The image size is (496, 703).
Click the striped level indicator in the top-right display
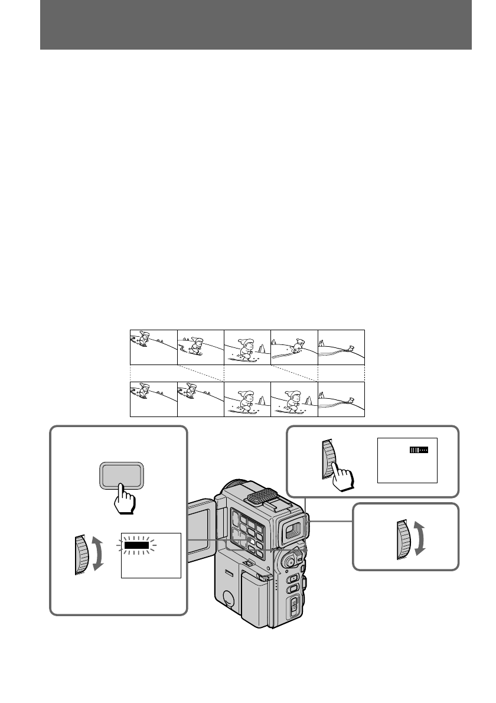click(x=419, y=450)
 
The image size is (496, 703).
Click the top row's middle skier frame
click(x=247, y=347)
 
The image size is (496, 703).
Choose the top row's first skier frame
click(x=153, y=347)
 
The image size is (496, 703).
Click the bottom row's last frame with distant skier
click(x=341, y=399)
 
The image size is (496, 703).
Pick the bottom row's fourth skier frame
click(x=294, y=399)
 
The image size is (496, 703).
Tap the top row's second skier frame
click(x=200, y=347)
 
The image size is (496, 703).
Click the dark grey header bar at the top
click(x=256, y=25)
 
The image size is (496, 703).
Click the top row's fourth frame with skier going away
click(x=294, y=347)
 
